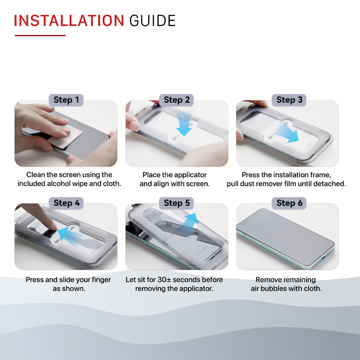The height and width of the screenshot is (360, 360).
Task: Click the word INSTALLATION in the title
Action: point(69,21)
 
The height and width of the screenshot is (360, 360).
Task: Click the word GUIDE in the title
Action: point(153,21)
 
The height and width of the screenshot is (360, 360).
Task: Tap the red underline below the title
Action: point(40,36)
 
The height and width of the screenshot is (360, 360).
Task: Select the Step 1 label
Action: point(66,100)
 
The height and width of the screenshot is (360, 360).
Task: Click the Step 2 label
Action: point(176,100)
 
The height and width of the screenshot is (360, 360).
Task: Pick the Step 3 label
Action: point(289,100)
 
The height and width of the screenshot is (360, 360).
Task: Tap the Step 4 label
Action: point(66,203)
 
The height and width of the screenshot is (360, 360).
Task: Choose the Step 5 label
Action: point(176,203)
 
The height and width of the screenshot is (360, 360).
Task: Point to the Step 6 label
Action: point(289,203)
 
